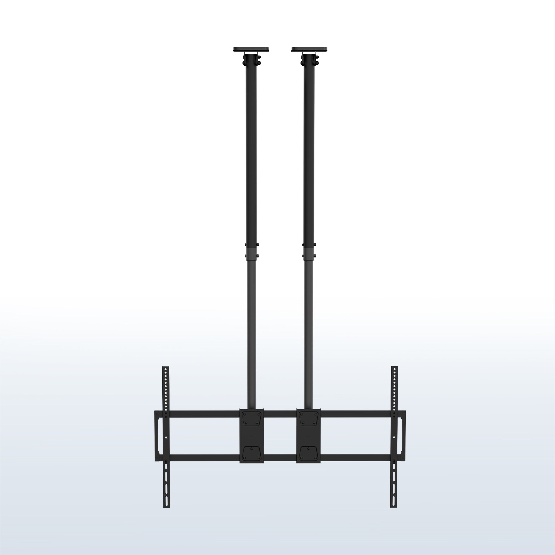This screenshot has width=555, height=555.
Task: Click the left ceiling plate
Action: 251,49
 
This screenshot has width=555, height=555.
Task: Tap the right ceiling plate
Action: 309,49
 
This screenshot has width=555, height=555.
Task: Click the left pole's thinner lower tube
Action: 251,330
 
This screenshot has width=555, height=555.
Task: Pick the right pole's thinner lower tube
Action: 309,330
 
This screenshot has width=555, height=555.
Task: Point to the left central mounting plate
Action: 251,440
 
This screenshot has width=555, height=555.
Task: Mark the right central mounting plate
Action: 309,440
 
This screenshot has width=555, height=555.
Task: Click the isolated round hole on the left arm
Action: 166,438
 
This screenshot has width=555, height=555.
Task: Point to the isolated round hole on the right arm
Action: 394,438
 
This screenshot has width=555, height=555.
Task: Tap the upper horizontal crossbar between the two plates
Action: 280,414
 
